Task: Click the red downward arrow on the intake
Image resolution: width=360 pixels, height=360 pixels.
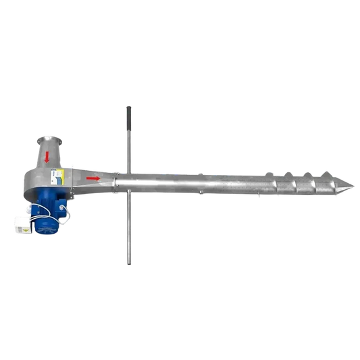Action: pos(48,157)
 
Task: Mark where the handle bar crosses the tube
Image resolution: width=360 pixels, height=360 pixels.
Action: pos(126,182)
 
